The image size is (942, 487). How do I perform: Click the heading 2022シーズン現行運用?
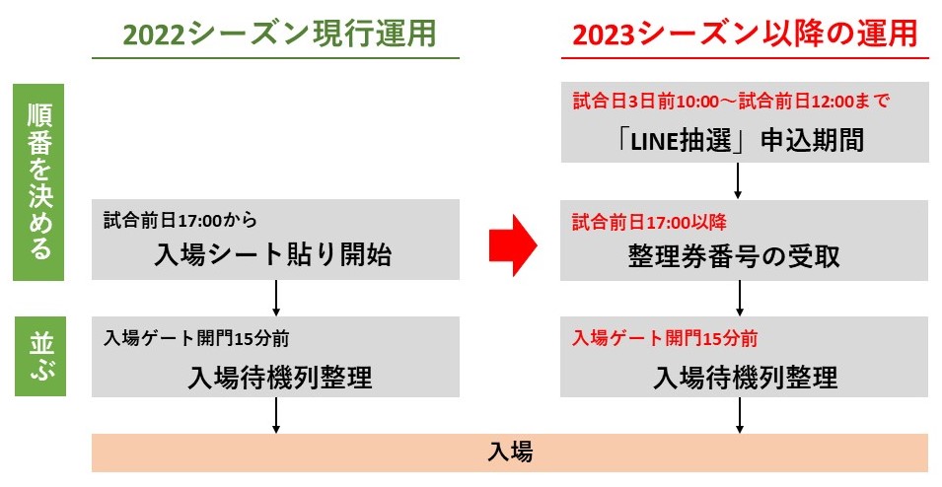click(x=279, y=34)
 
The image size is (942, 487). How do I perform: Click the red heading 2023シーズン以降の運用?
click(x=745, y=34)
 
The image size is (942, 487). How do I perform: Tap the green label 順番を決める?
click(x=39, y=182)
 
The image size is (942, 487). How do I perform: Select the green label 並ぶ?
click(x=40, y=357)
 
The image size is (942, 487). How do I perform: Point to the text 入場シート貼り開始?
click(x=273, y=254)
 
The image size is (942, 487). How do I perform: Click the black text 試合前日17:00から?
click(x=181, y=221)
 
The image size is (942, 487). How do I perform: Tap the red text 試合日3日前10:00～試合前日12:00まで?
click(x=731, y=101)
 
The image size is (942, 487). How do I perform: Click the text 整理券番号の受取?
click(x=734, y=256)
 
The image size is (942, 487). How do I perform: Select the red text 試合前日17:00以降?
click(x=649, y=222)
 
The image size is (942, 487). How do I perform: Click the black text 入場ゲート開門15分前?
click(x=196, y=338)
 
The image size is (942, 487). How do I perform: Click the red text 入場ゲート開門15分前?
click(x=665, y=338)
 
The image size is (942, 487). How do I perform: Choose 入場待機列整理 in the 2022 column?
click(x=280, y=378)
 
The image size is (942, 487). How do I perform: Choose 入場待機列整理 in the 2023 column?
click(x=746, y=378)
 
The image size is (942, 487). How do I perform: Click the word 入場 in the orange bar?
click(x=510, y=452)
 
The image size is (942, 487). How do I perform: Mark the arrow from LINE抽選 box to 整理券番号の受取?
click(x=738, y=180)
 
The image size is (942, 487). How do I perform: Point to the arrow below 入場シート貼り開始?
click(x=276, y=298)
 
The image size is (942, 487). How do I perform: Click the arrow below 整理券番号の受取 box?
click(x=740, y=298)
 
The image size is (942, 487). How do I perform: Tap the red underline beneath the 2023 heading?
click(x=745, y=58)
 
